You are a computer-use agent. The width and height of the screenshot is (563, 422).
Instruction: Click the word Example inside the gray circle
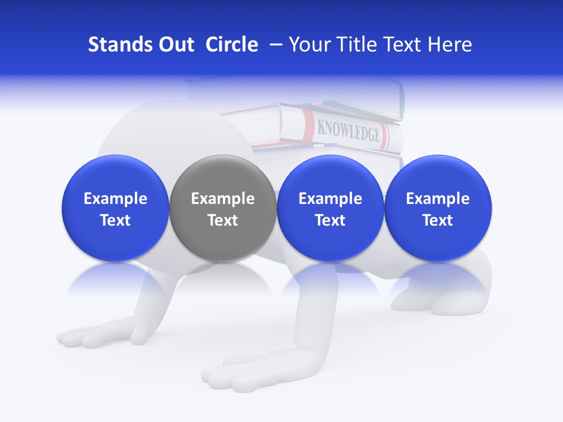coord(223,199)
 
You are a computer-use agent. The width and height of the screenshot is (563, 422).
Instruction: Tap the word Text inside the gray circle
coord(223,220)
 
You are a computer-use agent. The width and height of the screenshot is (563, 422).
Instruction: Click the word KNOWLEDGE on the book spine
coord(348,131)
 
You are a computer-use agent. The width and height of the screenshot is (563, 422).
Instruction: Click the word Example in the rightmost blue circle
coord(438,199)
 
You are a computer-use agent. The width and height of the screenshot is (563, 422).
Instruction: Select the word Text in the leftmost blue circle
coord(116,220)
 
